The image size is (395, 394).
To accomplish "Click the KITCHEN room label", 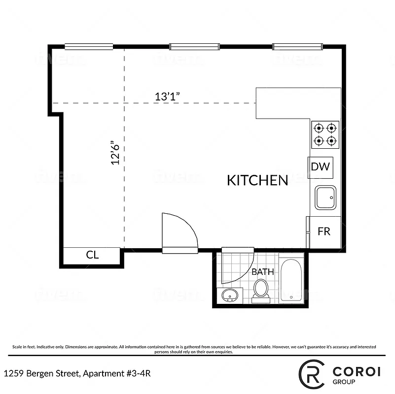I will pos(257,180).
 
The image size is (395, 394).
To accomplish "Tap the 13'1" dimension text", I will pos(167,97).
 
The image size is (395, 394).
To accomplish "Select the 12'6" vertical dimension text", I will pos(115,153).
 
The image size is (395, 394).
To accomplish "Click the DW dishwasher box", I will pos(320,167).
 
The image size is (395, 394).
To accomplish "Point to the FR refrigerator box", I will pos(324,232).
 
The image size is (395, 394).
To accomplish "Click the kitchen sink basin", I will pos(325,197).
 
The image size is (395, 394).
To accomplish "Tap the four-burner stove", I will pos(325,134).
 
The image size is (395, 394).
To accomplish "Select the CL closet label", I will pos(93,255).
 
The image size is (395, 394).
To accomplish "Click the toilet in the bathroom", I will pos(260,289).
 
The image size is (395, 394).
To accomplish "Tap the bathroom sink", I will pos(229,295).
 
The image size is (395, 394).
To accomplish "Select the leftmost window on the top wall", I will pos(89,47).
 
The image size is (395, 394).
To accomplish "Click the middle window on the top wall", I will pos(194,47).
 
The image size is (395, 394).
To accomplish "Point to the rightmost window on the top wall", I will pos(297,47).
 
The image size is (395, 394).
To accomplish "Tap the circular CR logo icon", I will pos(313,374).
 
